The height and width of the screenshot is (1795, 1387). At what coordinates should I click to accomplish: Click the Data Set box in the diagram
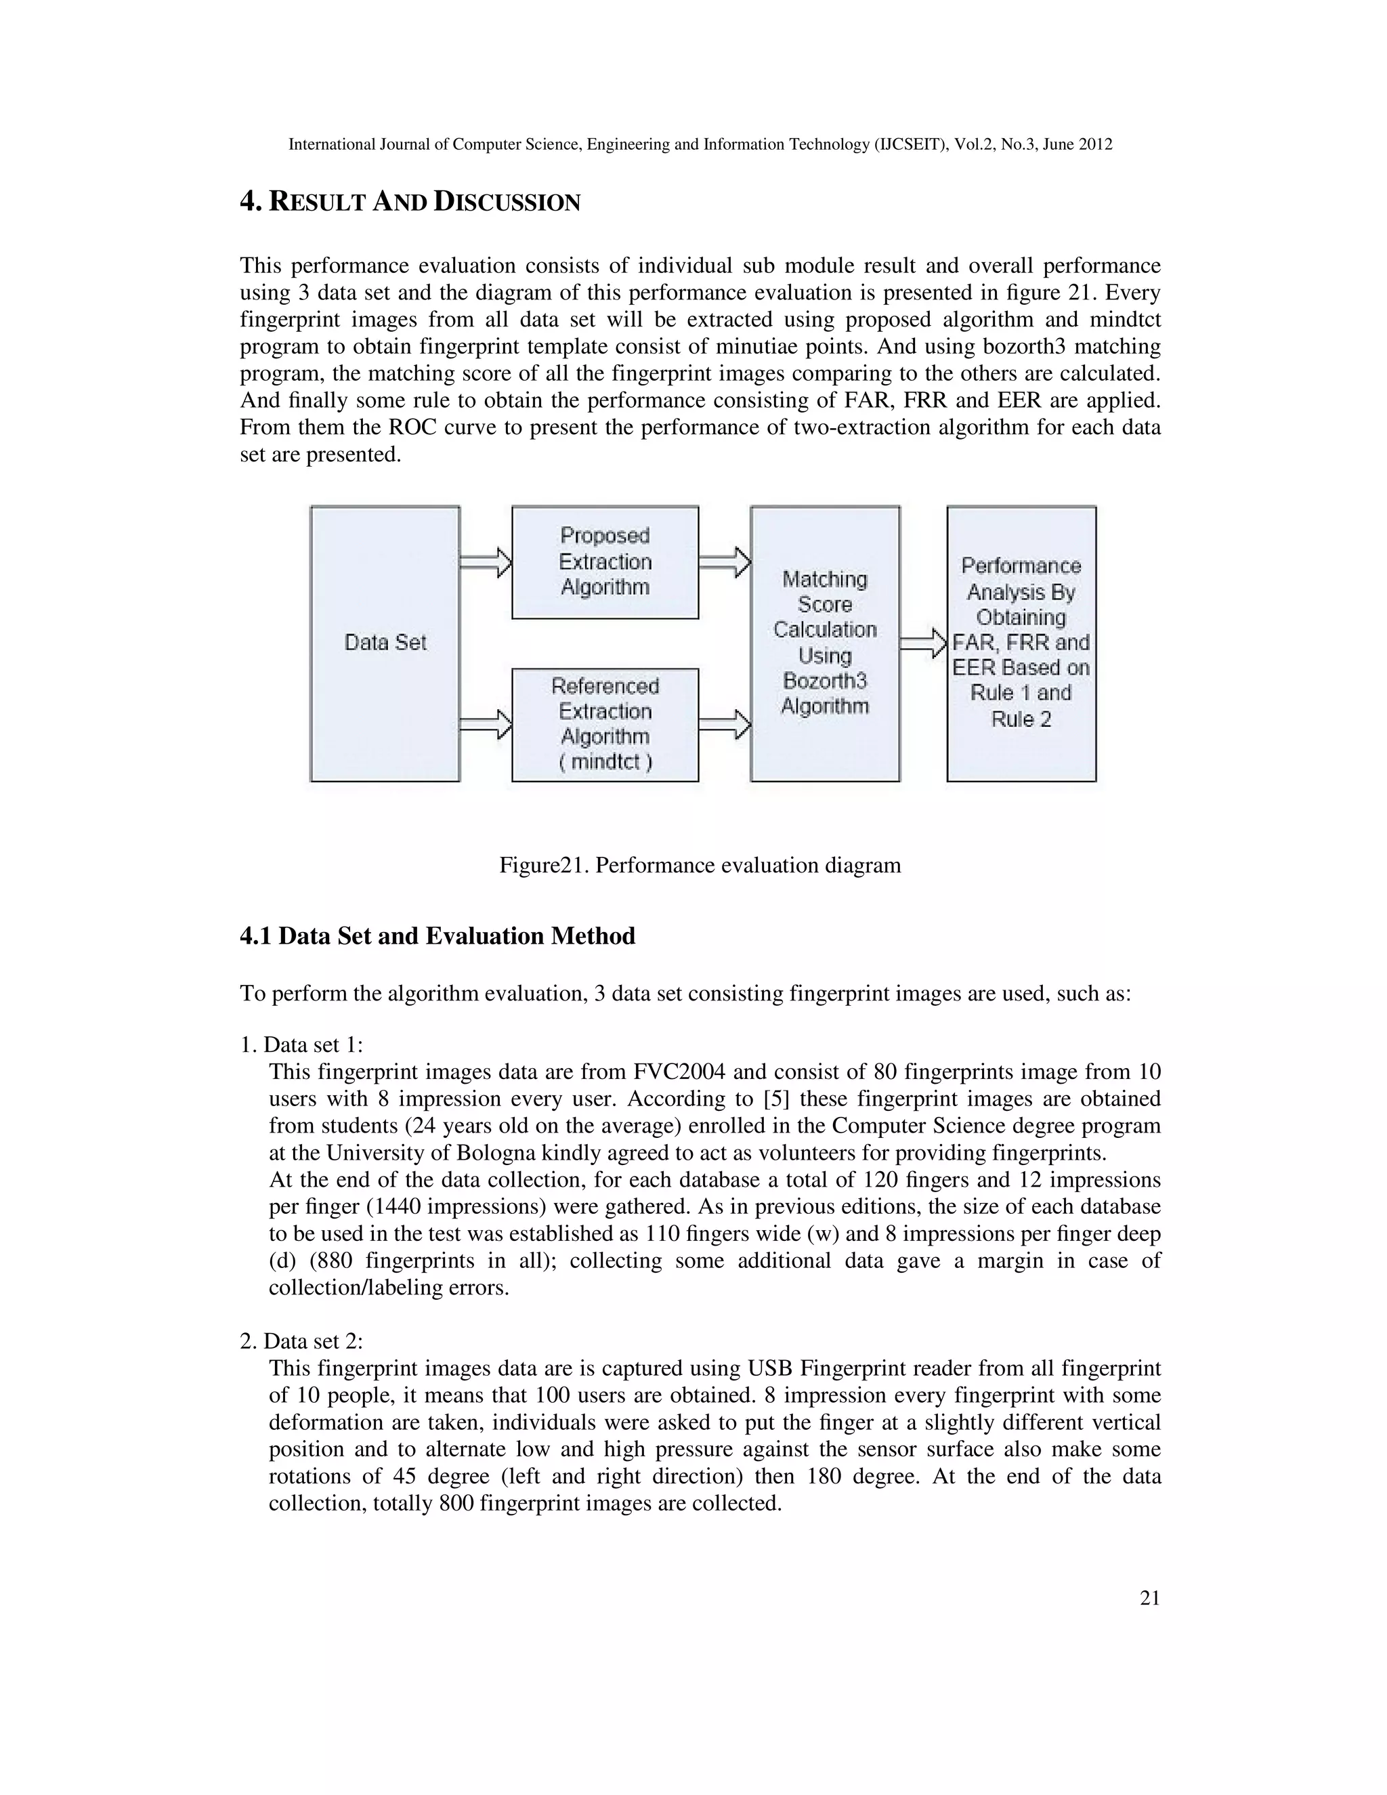tap(385, 643)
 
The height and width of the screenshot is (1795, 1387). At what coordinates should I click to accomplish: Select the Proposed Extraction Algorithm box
tap(605, 562)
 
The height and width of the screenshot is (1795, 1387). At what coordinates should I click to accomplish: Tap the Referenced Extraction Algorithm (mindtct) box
tap(605, 724)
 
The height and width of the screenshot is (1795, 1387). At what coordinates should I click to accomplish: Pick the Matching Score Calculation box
tap(824, 643)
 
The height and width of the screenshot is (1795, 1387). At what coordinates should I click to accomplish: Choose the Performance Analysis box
tap(1021, 643)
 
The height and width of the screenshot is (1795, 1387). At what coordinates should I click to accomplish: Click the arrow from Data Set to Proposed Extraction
tap(486, 562)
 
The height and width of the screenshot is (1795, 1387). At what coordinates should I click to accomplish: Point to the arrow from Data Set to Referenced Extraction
tap(486, 724)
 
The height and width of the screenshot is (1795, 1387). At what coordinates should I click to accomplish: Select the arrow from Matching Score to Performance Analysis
tap(923, 643)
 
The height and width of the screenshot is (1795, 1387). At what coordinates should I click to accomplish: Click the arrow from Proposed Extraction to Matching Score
tap(724, 562)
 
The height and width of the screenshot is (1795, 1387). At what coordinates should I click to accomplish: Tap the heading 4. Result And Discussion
tap(410, 201)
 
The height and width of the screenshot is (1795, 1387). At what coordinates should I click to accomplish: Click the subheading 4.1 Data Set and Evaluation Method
tap(437, 936)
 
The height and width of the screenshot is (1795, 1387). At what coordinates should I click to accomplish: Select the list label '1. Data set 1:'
tap(301, 1044)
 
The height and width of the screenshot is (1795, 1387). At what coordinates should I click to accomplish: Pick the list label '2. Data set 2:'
tap(301, 1341)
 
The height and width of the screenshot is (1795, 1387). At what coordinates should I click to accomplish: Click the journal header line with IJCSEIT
tap(700, 145)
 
